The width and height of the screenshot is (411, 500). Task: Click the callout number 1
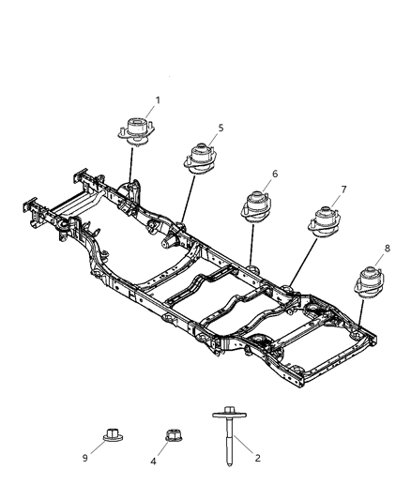tap(158, 99)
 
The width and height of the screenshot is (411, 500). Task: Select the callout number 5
tap(220, 128)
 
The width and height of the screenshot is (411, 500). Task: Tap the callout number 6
tap(274, 174)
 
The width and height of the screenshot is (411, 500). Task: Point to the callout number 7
tap(343, 189)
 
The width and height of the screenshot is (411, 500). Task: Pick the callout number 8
tap(388, 249)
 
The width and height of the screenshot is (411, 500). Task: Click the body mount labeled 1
tap(136, 129)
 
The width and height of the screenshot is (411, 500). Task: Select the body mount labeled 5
tap(200, 157)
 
